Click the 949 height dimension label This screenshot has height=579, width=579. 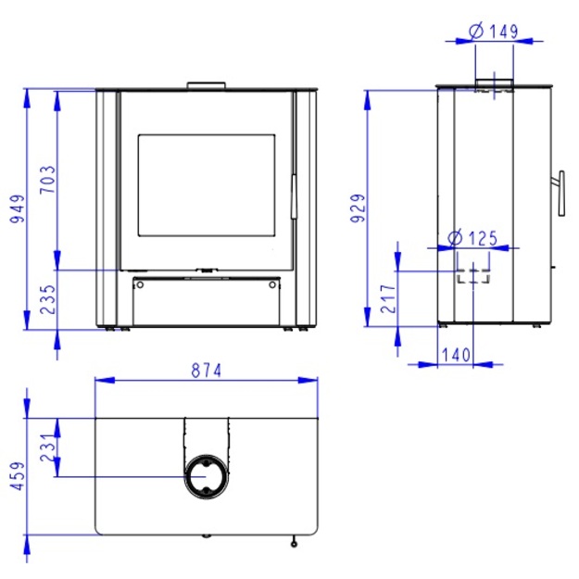pyautogui.click(x=18, y=209)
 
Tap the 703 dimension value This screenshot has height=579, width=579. pyautogui.click(x=47, y=180)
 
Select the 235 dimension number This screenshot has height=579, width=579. pyautogui.click(x=47, y=299)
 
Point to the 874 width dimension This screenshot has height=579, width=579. pyautogui.click(x=207, y=371)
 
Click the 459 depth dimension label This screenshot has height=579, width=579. pyautogui.click(x=18, y=476)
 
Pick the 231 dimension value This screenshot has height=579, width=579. pyautogui.click(x=47, y=447)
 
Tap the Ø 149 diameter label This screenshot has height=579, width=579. pyautogui.click(x=494, y=31)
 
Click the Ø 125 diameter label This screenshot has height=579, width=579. pyautogui.click(x=472, y=238)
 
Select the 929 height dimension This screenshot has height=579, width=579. pyautogui.click(x=358, y=208)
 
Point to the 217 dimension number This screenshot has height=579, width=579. pyautogui.click(x=388, y=299)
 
